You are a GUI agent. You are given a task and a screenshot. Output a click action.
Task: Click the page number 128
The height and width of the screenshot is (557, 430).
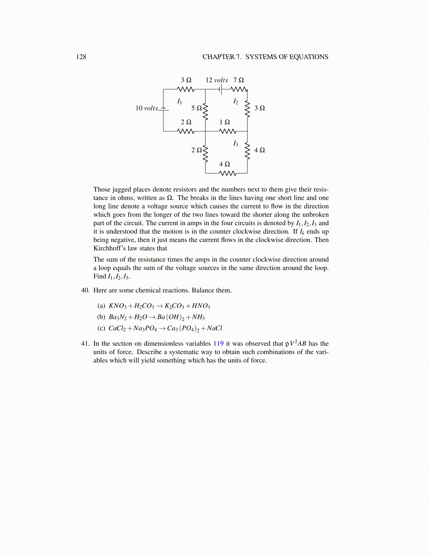tap(81, 57)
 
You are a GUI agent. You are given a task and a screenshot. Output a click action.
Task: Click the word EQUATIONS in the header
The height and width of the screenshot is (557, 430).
tap(308, 57)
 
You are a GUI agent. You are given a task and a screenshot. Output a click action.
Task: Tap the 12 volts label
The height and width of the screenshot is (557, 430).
tap(216, 80)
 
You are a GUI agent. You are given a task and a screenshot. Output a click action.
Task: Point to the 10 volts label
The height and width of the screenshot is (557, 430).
tap(146, 108)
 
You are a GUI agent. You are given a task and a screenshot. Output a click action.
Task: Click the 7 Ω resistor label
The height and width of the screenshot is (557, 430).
tap(239, 80)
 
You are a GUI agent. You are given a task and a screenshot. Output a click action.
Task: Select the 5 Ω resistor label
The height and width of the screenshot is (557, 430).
tap(196, 108)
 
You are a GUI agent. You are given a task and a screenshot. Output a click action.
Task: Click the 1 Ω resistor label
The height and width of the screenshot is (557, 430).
tap(224, 122)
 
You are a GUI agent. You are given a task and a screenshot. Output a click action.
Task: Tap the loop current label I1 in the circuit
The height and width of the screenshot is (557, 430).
tap(180, 102)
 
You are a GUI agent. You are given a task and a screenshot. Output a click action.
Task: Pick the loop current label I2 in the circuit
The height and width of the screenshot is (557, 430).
tap(235, 102)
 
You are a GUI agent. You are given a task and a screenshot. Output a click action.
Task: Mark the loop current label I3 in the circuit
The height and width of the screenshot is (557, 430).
tap(235, 143)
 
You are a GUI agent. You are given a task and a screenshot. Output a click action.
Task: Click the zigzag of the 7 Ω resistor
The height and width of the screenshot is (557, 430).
tap(239, 89)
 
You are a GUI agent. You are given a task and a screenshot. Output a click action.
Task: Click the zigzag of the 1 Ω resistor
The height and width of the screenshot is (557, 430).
tap(227, 132)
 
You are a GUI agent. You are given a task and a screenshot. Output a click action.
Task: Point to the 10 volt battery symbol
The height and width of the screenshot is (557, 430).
tap(163, 109)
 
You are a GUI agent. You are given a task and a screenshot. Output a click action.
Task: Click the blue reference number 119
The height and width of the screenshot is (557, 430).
tap(218, 344)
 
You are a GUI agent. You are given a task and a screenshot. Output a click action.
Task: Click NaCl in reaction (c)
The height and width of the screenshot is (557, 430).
tap(214, 328)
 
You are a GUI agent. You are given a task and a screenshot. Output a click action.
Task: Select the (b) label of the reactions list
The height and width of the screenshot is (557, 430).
tap(101, 317)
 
